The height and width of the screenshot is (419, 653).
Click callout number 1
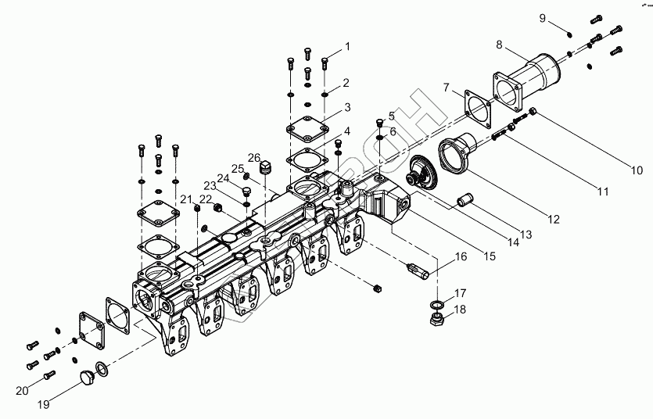tap(347, 47)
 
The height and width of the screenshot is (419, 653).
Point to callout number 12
tap(554, 220)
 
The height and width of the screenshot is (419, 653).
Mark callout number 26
tap(255, 157)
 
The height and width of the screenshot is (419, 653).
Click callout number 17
tap(461, 293)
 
